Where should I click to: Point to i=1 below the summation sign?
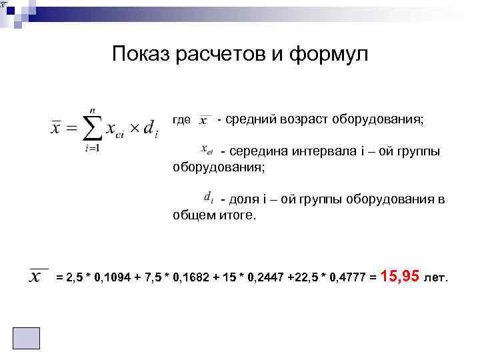[x=92, y=147]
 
